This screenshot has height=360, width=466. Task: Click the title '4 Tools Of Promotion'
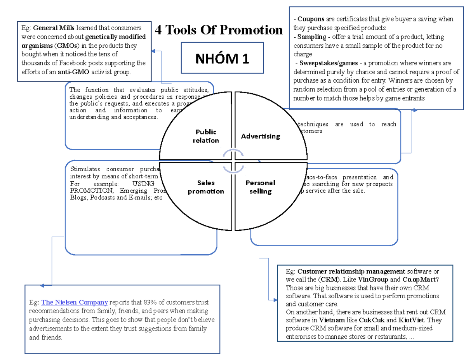219,30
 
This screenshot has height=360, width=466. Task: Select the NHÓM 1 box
222,58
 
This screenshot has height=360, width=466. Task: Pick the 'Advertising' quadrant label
260,136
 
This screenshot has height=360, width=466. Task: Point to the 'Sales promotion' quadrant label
206,187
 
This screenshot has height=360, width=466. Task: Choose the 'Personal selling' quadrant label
260,187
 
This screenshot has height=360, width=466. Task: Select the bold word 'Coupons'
310,19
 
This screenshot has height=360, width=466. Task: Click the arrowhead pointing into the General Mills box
153,51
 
